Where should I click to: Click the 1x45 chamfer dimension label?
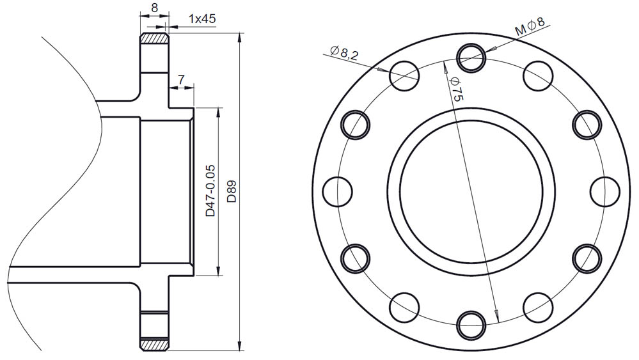point(202,19)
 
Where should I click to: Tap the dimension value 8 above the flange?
point(154,7)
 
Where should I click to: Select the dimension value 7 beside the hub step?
point(182,79)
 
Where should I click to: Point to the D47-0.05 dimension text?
point(210,191)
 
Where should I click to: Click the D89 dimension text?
point(232,191)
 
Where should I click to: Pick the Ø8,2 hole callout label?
point(344,52)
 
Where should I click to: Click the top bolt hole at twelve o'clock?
point(471,58)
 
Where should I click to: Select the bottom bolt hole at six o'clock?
point(471,325)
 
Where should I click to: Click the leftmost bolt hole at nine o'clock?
point(338,191)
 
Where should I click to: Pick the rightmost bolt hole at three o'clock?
point(604,191)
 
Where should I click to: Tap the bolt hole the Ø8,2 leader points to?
point(404,75)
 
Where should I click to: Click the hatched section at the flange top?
point(154,39)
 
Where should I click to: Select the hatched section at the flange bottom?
point(154,344)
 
